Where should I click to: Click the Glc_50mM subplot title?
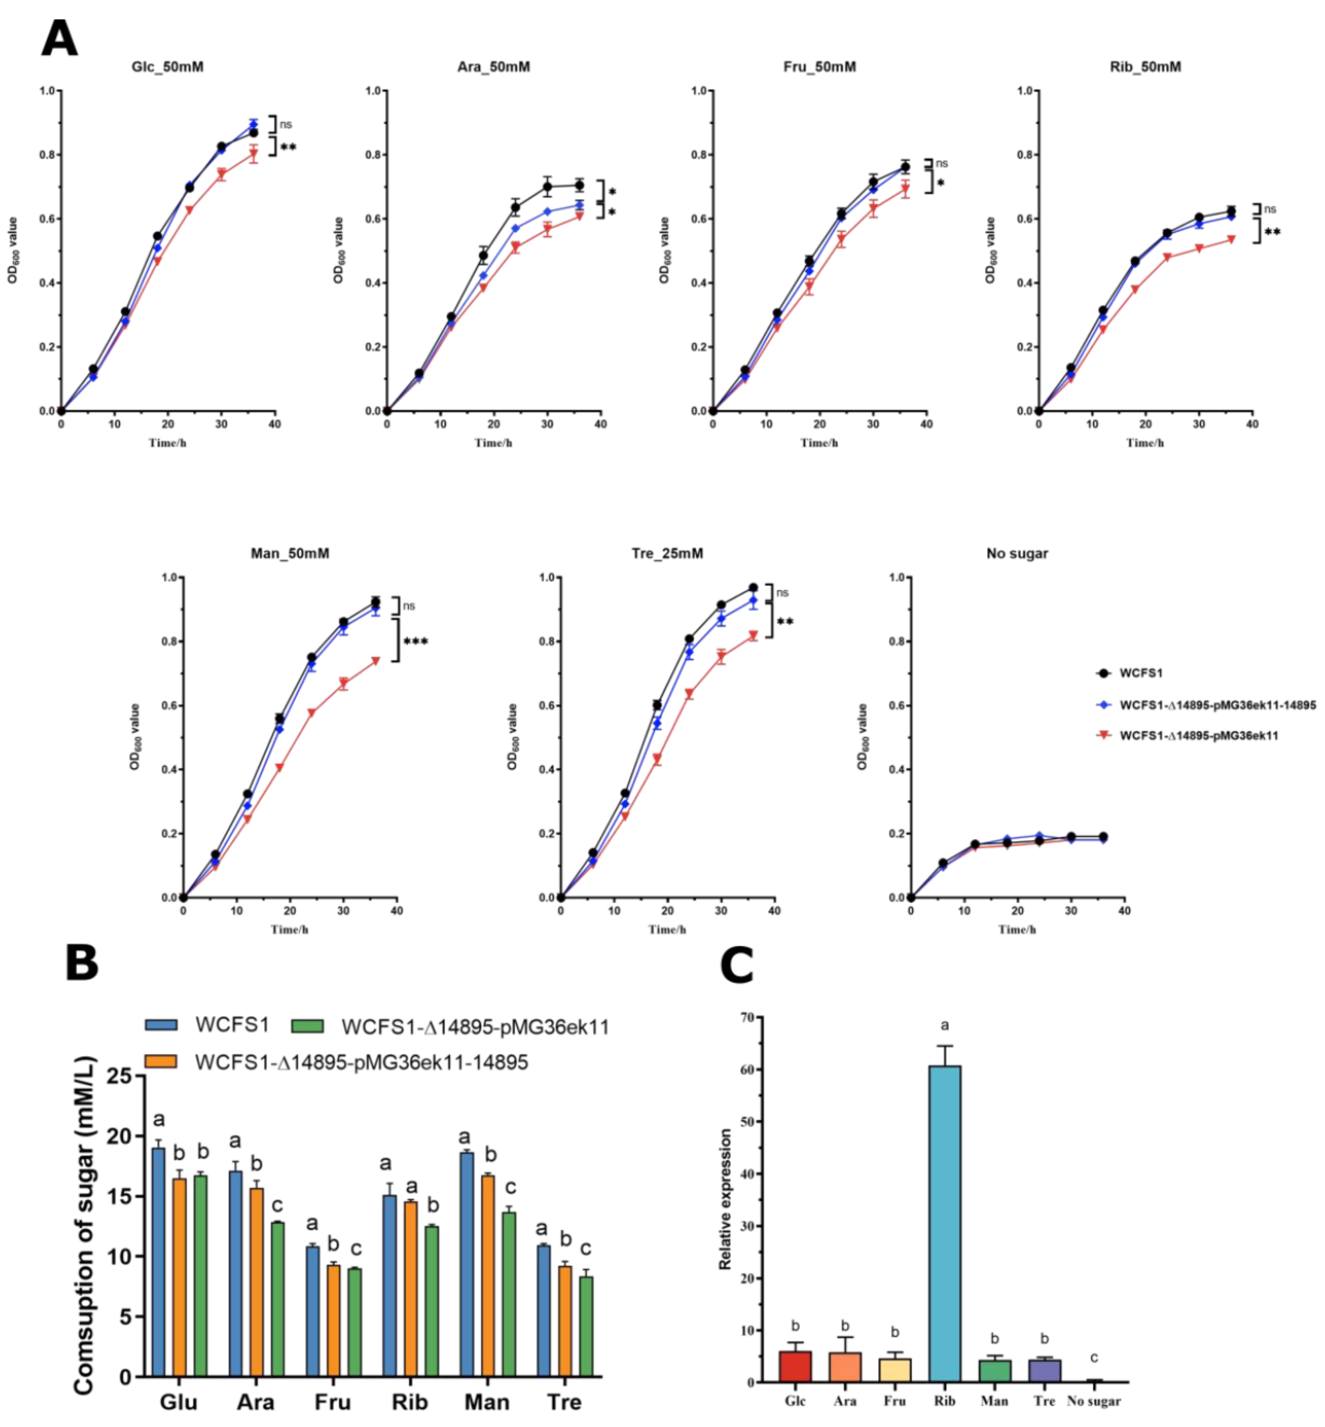point(167,67)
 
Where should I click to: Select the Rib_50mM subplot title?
point(1145,67)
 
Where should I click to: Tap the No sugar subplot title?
point(1017,554)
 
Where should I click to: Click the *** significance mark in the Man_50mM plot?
point(416,641)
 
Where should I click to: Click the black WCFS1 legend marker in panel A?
point(1104,673)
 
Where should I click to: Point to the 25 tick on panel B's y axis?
point(119,1076)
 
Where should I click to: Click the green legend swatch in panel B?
point(307,1026)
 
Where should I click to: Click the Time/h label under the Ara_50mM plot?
point(493,443)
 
